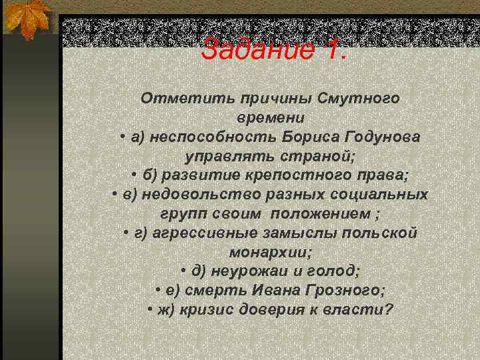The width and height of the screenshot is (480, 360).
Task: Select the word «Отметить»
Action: [x=183, y=99]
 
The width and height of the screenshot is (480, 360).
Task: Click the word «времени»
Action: [x=270, y=118]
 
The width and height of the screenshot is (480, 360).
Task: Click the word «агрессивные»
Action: [x=203, y=233]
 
